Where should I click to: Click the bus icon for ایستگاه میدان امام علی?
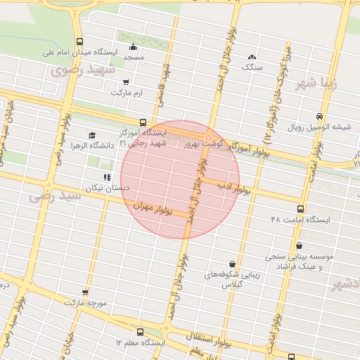(79, 41)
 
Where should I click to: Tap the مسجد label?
(134, 56)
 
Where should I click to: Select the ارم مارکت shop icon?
(126, 82)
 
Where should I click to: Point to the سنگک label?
(251, 67)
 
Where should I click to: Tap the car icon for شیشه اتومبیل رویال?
(320, 117)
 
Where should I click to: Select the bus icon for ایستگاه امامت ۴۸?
(301, 209)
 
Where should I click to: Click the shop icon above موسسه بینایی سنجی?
(300, 246)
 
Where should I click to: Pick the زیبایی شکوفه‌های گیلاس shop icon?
(232, 264)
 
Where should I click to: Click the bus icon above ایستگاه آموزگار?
(143, 122)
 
